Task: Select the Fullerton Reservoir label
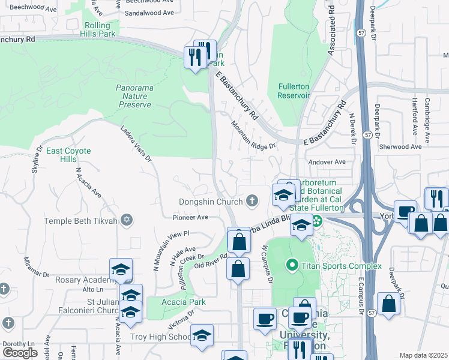294,91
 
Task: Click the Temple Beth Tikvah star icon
126,221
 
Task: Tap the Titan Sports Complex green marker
292,264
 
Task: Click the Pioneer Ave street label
190,217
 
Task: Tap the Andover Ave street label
327,162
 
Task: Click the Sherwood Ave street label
401,146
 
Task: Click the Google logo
20,352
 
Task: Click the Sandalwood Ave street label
149,12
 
